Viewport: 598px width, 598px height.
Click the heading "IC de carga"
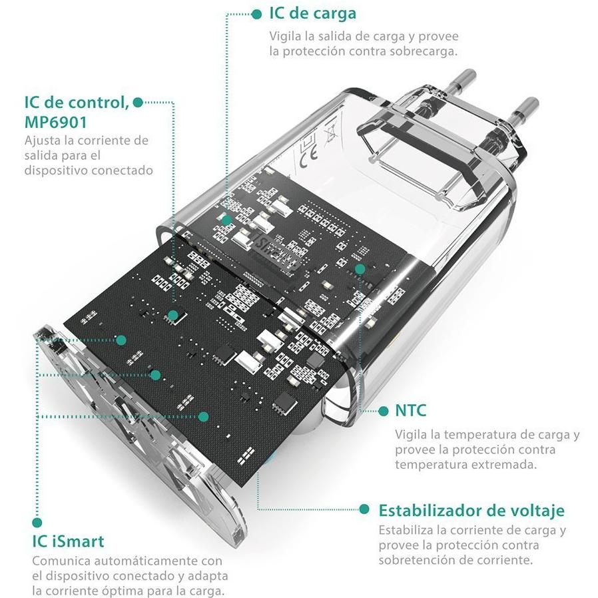click(313, 14)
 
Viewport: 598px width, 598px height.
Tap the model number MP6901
click(56, 122)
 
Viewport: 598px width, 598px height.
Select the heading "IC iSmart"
click(68, 541)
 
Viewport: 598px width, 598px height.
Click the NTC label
click(410, 411)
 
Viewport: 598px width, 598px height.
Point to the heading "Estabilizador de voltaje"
click(471, 510)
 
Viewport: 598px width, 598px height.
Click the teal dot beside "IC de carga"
click(257, 14)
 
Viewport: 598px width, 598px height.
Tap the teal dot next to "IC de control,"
click(138, 102)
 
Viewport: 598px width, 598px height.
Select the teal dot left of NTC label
click(384, 411)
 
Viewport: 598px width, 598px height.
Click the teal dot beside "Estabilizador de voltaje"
click(364, 509)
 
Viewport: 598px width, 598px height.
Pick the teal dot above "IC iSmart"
click(37, 522)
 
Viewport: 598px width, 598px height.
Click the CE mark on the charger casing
click(308, 156)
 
